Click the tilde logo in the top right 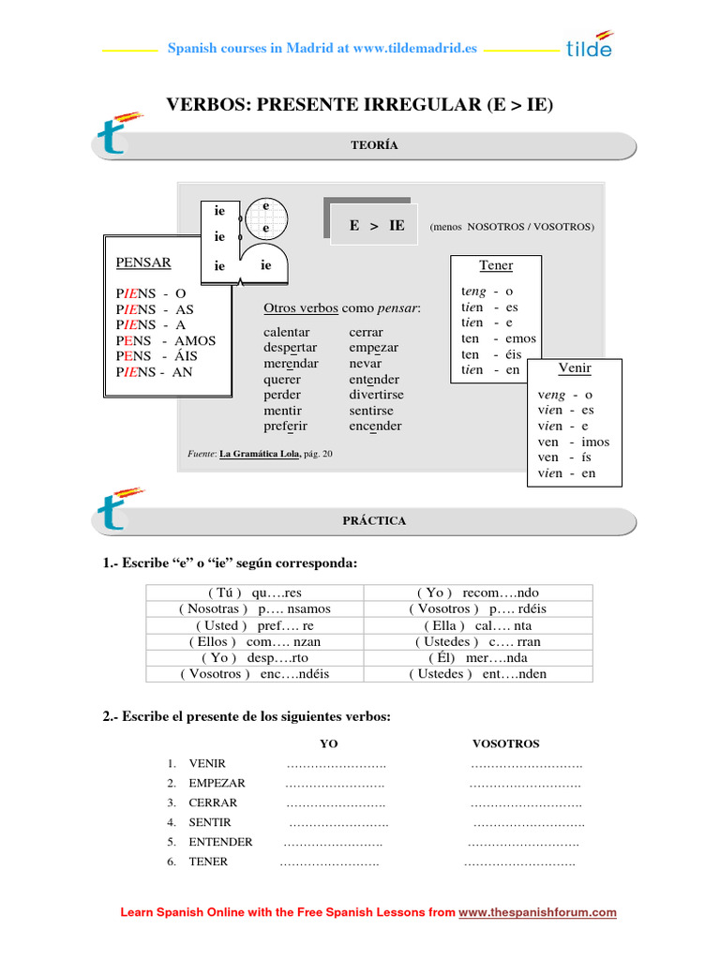(x=590, y=44)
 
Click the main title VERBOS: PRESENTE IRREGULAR (x=359, y=105)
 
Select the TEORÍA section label (x=374, y=145)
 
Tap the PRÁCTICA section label (x=374, y=520)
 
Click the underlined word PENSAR (x=142, y=262)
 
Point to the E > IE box (x=376, y=225)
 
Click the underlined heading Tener (x=496, y=265)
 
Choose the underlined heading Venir (x=575, y=367)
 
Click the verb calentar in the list (x=287, y=332)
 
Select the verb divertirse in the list (x=376, y=395)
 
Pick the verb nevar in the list (x=365, y=363)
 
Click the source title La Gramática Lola (x=260, y=454)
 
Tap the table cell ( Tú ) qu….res (x=255, y=592)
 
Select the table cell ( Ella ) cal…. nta (x=478, y=625)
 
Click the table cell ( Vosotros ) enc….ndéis (x=255, y=673)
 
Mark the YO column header (x=329, y=743)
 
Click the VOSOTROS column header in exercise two (x=505, y=743)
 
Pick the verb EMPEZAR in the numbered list (x=217, y=783)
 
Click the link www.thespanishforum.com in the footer (x=537, y=912)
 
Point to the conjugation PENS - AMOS (x=165, y=341)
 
